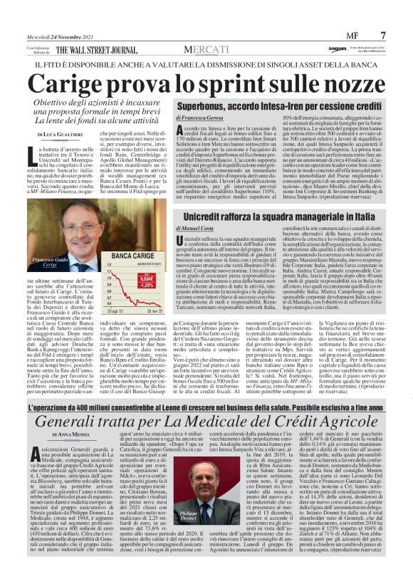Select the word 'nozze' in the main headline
tap(340, 85)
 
